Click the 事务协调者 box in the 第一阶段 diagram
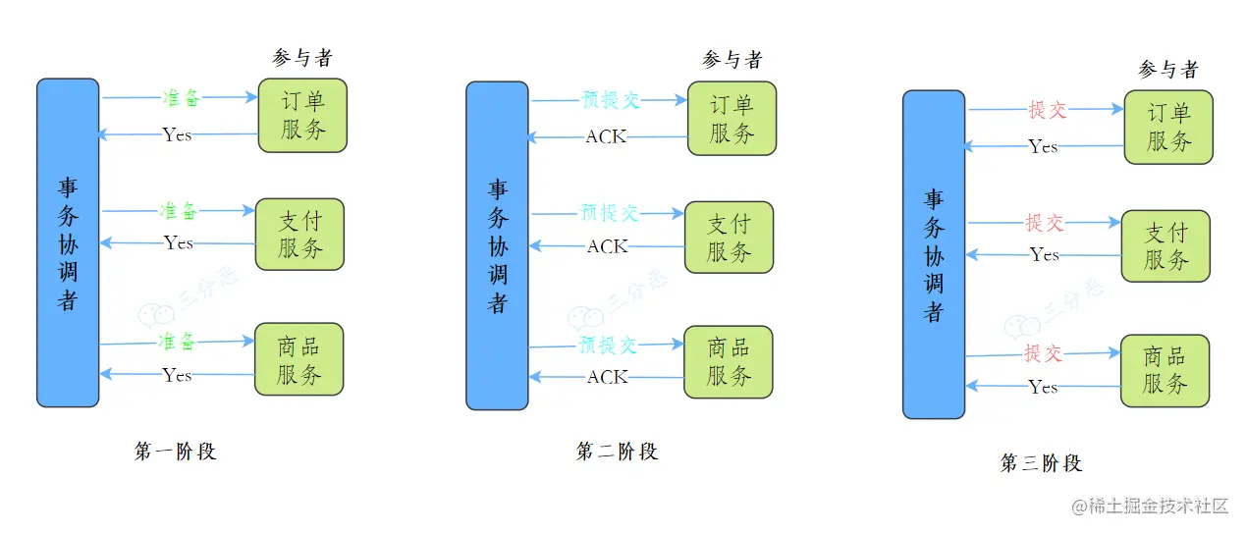(x=68, y=242)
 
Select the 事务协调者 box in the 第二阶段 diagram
(x=497, y=245)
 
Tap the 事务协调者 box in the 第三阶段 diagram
(x=934, y=254)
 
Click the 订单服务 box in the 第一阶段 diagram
(x=302, y=115)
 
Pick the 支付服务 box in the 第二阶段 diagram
(x=729, y=238)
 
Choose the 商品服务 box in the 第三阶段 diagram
(x=1165, y=370)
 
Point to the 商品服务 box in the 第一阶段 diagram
(x=299, y=359)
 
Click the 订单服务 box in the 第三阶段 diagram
(x=1168, y=127)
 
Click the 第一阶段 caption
(x=175, y=452)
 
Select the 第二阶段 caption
(x=617, y=452)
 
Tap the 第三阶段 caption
(x=1041, y=463)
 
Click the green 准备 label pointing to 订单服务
(x=181, y=98)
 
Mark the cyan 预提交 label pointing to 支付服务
(x=609, y=212)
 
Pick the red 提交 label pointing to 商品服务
(x=1043, y=352)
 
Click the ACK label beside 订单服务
(x=606, y=137)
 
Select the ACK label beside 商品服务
(x=607, y=377)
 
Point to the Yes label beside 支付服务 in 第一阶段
(x=179, y=242)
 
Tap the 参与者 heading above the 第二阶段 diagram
(x=732, y=60)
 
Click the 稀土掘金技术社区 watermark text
(x=1150, y=506)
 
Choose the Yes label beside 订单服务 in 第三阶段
(x=1043, y=146)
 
